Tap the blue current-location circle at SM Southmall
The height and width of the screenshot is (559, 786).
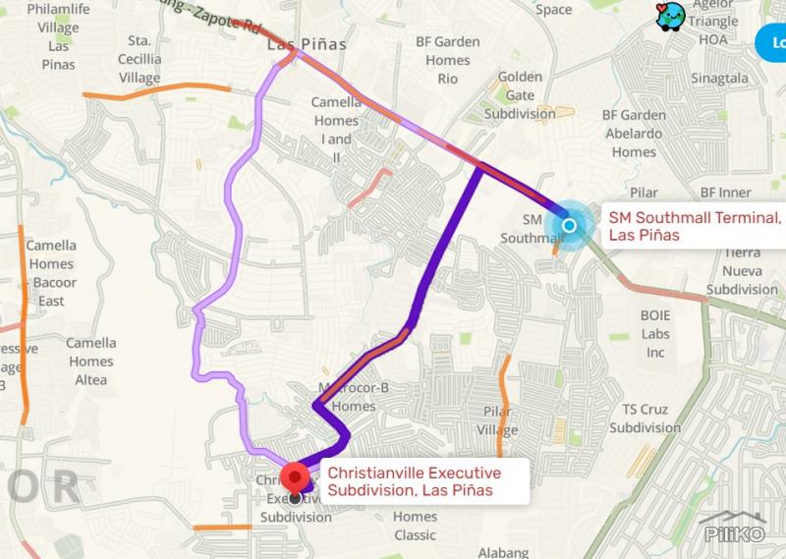571,226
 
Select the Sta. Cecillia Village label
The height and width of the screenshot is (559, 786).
140,59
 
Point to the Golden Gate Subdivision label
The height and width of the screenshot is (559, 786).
520,95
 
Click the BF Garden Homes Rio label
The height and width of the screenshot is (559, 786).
448,60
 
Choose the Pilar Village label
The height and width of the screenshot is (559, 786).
497,421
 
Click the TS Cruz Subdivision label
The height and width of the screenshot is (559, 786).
645,419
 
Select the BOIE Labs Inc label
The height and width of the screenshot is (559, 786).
655,334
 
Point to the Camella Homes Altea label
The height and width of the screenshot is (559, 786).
90,362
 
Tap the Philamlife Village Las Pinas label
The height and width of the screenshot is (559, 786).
59,37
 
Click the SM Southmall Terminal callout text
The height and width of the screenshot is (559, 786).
694,226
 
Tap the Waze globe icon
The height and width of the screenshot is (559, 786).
670,16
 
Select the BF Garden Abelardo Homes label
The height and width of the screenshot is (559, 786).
634,134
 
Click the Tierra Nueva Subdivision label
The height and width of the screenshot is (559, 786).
742,271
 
